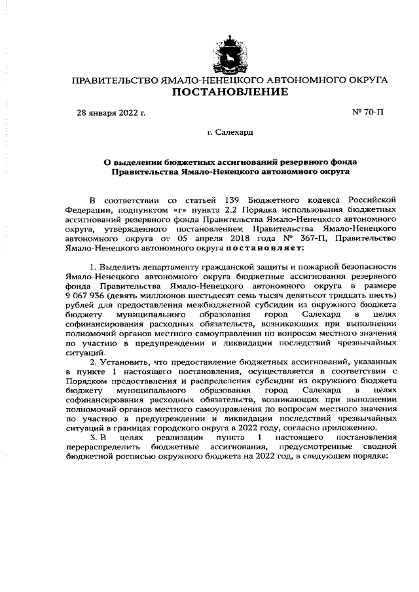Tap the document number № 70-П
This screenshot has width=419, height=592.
(x=368, y=113)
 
